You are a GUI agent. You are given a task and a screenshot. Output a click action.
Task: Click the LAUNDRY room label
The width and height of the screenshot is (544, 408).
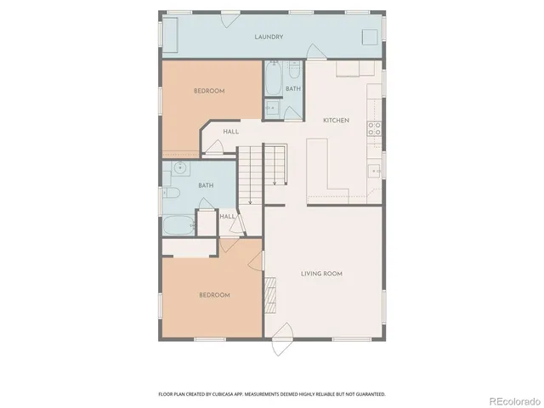(269, 37)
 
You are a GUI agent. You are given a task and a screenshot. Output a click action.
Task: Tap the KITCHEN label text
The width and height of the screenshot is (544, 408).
(336, 121)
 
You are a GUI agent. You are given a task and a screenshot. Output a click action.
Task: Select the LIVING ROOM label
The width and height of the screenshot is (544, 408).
(321, 273)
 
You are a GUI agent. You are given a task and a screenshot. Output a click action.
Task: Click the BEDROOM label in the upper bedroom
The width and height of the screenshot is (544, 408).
(208, 91)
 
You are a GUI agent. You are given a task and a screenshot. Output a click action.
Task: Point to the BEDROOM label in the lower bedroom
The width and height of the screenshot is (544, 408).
(214, 295)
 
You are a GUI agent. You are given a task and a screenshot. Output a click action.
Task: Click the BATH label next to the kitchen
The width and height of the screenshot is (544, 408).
(292, 88)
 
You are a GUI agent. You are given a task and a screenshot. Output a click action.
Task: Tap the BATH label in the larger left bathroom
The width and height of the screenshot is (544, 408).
(206, 185)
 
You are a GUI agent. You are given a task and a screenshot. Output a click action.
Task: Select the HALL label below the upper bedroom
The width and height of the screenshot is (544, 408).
(230, 132)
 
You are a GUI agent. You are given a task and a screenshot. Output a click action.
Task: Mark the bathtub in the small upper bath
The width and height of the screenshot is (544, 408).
(274, 80)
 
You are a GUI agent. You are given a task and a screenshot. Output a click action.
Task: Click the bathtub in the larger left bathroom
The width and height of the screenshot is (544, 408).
(178, 226)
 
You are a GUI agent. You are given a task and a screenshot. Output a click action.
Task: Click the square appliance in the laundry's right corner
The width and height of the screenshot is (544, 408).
(369, 37)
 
